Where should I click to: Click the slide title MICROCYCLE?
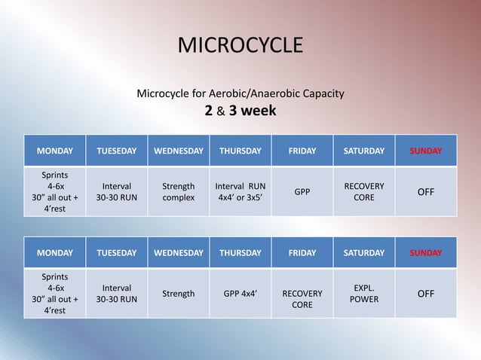tap(240, 46)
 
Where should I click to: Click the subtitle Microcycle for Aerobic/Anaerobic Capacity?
tap(240, 94)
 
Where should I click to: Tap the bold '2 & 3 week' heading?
tap(240, 111)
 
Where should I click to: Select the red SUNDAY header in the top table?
tap(426, 151)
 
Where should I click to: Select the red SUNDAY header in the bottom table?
tap(426, 253)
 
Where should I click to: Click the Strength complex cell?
tap(179, 192)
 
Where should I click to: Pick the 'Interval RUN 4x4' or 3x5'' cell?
tap(240, 192)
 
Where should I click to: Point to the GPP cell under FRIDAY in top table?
tap(302, 192)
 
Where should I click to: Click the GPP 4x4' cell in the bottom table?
tap(240, 294)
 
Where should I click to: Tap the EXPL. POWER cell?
tap(364, 294)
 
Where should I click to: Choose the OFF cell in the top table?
tap(426, 192)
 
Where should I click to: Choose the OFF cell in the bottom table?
tap(426, 294)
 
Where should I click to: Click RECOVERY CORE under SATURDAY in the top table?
tap(364, 192)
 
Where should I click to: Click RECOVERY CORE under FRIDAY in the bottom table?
tap(302, 299)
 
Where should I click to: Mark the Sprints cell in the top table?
tap(55, 192)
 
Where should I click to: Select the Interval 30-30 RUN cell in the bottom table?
tap(117, 294)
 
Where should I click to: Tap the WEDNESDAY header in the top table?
tap(179, 151)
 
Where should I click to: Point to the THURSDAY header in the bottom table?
tap(240, 253)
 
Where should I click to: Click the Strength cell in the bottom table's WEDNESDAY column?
tap(179, 294)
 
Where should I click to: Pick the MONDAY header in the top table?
tap(55, 151)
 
